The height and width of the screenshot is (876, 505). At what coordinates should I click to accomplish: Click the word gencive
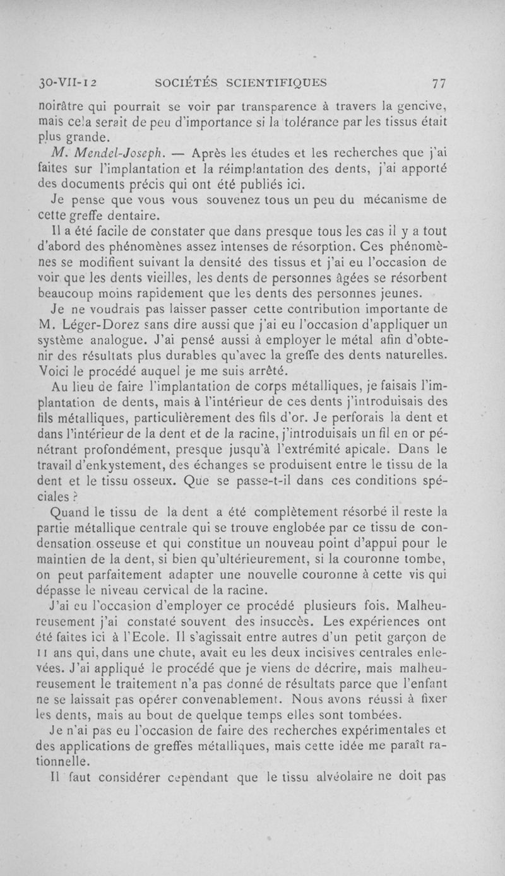420,105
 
